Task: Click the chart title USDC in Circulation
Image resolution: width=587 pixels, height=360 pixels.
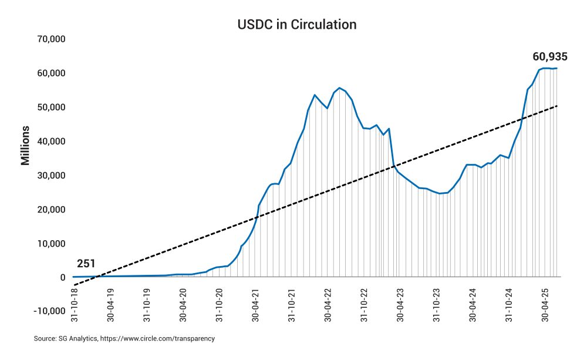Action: (296, 25)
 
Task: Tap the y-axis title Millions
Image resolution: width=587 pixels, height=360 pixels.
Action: (26, 145)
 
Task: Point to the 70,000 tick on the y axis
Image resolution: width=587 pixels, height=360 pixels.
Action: (50, 39)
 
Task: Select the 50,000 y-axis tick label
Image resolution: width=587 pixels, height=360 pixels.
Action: (50, 107)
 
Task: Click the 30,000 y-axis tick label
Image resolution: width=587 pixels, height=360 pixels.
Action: (50, 176)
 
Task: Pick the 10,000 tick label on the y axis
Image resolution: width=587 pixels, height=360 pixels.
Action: (50, 244)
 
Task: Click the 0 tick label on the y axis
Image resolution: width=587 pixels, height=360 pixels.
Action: (61, 278)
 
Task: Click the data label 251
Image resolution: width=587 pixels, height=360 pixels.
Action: (86, 264)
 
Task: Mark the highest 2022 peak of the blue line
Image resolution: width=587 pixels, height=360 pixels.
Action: (340, 88)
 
